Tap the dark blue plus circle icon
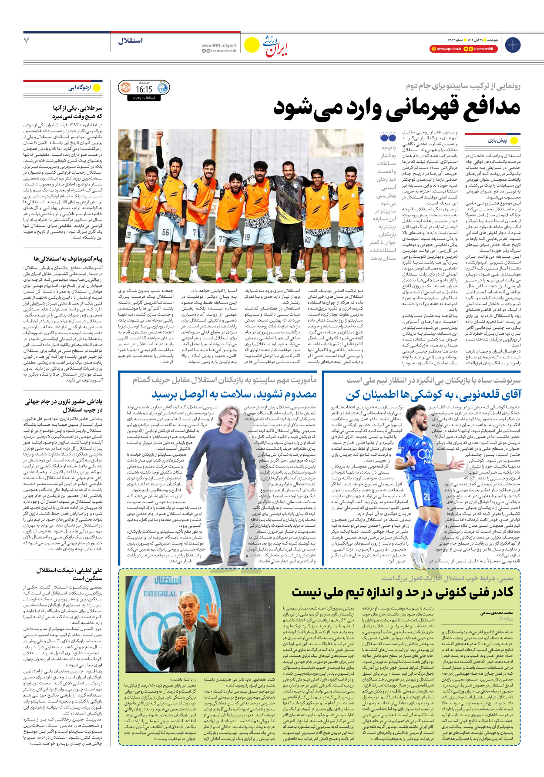click(513, 45)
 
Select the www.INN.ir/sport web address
click(219, 45)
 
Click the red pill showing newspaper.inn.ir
click(446, 49)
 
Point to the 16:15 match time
click(144, 89)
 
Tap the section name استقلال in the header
click(130, 40)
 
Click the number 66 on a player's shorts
click(166, 232)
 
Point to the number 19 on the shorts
click(247, 238)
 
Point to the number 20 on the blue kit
click(426, 497)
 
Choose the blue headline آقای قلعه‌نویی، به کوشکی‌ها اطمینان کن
click(433, 395)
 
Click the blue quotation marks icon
click(388, 138)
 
